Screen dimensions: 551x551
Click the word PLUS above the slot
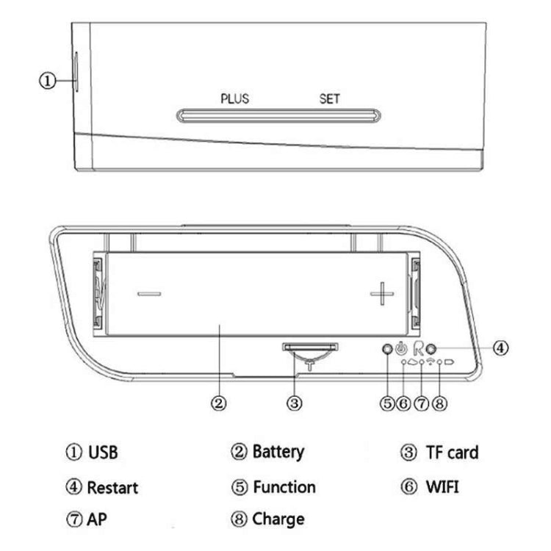click(x=235, y=98)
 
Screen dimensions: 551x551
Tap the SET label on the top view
click(x=329, y=98)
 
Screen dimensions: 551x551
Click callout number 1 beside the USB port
click(x=48, y=81)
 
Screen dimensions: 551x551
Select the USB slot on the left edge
click(x=76, y=72)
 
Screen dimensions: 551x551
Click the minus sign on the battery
click(x=149, y=294)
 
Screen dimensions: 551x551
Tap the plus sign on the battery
click(x=382, y=293)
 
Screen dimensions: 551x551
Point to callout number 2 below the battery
click(x=219, y=403)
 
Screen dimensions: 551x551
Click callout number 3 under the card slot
click(x=295, y=403)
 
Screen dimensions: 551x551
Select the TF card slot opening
click(x=310, y=347)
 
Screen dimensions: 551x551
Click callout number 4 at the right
click(x=500, y=348)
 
